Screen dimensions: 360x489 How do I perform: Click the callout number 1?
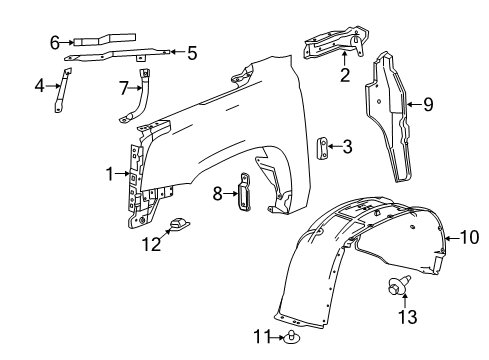point(111,173)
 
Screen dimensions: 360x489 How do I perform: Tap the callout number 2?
point(344,73)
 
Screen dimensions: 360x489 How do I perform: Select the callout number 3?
point(347,147)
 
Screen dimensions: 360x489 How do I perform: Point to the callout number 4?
point(40,86)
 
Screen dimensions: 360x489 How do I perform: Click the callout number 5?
point(192,53)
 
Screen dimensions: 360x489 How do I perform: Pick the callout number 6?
point(56,41)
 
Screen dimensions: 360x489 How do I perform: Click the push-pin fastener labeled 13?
point(397,290)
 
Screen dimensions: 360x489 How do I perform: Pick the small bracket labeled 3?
point(323,147)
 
